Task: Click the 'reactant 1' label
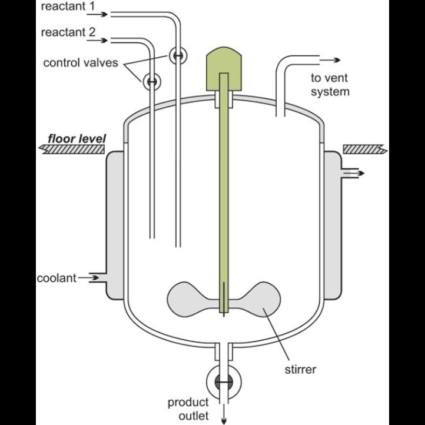click(x=68, y=6)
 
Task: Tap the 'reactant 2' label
click(x=68, y=32)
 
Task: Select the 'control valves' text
click(x=81, y=63)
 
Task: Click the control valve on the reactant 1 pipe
click(x=178, y=55)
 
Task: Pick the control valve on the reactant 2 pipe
click(x=152, y=81)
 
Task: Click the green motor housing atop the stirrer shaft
click(x=224, y=68)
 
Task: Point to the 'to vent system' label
click(x=330, y=85)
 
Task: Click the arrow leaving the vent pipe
click(x=330, y=60)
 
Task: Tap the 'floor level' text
click(x=77, y=139)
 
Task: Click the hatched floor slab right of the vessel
click(x=365, y=150)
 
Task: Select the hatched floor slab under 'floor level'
click(x=72, y=150)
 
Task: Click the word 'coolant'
click(x=57, y=278)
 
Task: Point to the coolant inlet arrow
click(x=89, y=278)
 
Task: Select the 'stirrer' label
click(x=300, y=370)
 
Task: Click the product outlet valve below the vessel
click(x=224, y=382)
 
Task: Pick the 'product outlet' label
click(x=188, y=409)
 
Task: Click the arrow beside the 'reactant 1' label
click(x=97, y=14)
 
